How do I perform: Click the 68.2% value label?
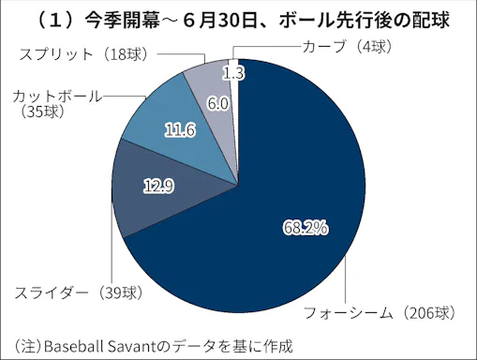tap(304, 228)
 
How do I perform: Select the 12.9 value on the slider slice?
tap(157, 187)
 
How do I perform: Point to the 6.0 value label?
tap(217, 104)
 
